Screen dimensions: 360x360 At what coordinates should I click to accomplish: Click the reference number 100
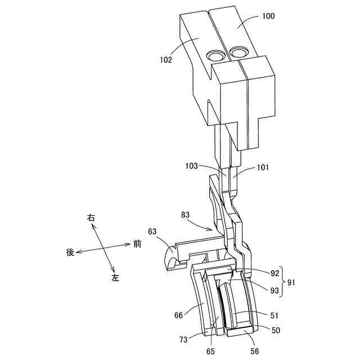[268, 16]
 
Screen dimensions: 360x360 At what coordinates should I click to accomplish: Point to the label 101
[263, 167]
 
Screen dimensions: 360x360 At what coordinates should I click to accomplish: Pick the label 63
[153, 231]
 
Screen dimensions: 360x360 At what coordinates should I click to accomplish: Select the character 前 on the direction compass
[137, 244]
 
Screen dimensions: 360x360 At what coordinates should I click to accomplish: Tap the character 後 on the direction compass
[70, 253]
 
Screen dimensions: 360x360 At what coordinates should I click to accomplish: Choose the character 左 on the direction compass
[115, 278]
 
